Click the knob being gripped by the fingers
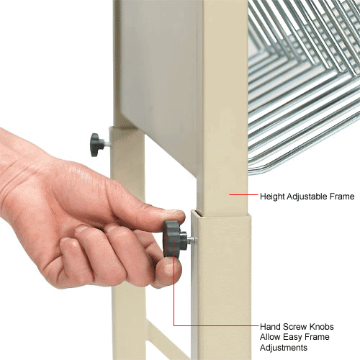(x=172, y=239)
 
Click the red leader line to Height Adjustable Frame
(x=239, y=194)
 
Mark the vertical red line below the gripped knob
(x=173, y=295)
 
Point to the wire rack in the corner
(x=302, y=86)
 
